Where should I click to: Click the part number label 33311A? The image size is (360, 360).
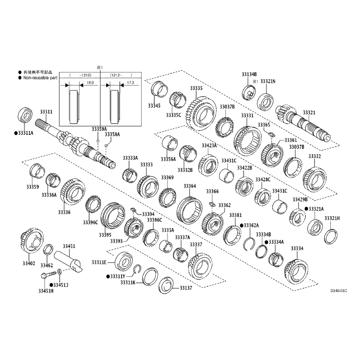(x=26, y=133)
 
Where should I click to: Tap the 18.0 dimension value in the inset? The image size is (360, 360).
(x=90, y=82)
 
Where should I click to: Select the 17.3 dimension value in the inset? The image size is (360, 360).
(x=130, y=82)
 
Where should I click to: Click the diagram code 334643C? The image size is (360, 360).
(x=339, y=291)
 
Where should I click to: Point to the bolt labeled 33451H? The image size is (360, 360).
(x=49, y=274)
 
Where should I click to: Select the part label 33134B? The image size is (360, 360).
(x=249, y=74)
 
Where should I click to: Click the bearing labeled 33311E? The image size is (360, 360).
(x=124, y=261)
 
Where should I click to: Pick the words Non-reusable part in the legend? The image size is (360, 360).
(x=40, y=78)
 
